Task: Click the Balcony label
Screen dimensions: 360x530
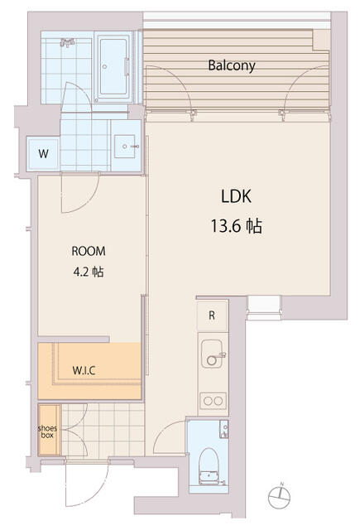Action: pos(232,65)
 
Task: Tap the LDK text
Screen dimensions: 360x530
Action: pos(236,196)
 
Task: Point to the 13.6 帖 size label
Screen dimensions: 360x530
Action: pos(237,226)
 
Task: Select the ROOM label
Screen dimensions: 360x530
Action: pos(89,251)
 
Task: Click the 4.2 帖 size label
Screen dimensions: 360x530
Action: pos(89,272)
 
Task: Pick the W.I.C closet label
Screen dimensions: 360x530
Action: pos(84,370)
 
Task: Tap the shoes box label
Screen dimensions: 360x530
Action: pos(47,431)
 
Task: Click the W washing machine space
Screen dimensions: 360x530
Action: pos(43,154)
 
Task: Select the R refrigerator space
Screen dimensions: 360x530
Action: pos(212,316)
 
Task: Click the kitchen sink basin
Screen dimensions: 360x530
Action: pos(212,354)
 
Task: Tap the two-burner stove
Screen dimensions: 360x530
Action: pos(213,401)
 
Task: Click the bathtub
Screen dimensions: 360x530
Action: pos(113,67)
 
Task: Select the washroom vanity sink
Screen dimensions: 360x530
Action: pos(125,147)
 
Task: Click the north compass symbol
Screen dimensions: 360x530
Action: pos(280,497)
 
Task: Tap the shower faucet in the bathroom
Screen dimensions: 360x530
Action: pos(67,42)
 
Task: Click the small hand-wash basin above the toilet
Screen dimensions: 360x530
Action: pos(224,429)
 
